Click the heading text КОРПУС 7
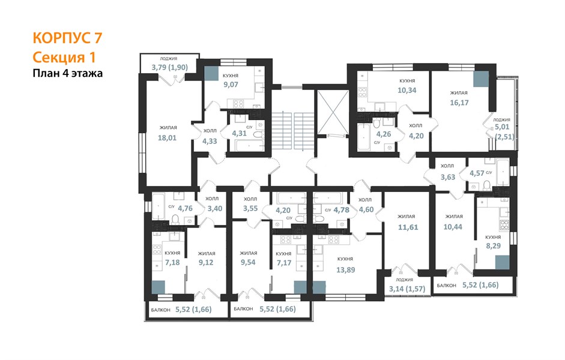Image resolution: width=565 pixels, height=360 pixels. coord(67,38)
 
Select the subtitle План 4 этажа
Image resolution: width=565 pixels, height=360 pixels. coord(68,73)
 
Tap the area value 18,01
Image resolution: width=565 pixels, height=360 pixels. coord(167,138)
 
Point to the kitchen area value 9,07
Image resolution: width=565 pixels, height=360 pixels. coord(231,85)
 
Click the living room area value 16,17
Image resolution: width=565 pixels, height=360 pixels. coord(459,103)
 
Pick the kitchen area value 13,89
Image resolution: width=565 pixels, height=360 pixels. coord(346,269)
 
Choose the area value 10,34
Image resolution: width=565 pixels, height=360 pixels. coord(407,91)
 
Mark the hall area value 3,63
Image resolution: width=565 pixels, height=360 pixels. coord(448,177)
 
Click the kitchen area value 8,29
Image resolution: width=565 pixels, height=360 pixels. coord(494,246)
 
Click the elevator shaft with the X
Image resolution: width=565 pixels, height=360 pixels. coord(333,111)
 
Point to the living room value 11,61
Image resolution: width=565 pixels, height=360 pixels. coord(408,227)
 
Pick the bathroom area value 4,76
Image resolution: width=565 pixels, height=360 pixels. coord(185,208)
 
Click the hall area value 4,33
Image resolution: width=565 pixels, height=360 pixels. coord(210,141)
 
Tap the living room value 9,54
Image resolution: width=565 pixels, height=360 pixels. coord(248,262)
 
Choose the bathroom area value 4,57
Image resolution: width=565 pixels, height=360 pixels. coord(477,173)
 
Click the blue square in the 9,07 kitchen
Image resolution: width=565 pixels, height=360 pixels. coord(211,73)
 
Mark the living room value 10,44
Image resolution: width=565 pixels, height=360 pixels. coord(453,227)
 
